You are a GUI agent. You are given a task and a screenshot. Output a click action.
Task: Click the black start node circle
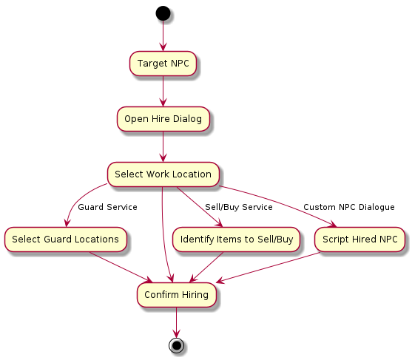[x=163, y=13]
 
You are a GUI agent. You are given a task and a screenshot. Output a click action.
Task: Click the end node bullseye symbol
[x=176, y=345]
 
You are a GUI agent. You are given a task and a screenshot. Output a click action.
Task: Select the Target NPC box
[x=163, y=64]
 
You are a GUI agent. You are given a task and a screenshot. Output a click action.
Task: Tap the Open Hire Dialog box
[x=163, y=119]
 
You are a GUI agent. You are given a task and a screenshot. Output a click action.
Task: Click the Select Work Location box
[x=163, y=174]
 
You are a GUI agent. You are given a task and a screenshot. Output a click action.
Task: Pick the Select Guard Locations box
[x=66, y=240]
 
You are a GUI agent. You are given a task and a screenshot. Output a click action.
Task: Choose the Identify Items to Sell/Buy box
[x=236, y=240]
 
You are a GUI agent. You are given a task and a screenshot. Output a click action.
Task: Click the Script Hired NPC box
[x=359, y=240]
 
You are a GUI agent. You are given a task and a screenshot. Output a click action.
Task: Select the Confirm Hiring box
[x=177, y=295]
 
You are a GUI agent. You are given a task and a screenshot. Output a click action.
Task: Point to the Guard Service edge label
[x=107, y=207]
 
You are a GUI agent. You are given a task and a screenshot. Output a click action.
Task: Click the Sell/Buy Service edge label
[x=239, y=207]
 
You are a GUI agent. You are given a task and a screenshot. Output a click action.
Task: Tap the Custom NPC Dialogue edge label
[x=349, y=207]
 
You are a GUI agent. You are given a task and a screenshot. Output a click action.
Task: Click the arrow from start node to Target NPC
[x=163, y=35]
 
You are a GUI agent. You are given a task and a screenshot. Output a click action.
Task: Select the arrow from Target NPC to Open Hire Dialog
[x=163, y=92]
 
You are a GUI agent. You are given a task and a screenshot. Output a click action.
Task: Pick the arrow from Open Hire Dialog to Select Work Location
[x=163, y=147]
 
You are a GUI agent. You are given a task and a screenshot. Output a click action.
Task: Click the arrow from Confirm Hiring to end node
[x=176, y=323]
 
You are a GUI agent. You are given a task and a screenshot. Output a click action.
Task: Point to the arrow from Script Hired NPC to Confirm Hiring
[x=268, y=268]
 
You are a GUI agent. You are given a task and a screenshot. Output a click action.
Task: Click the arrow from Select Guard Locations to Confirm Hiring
[x=121, y=268]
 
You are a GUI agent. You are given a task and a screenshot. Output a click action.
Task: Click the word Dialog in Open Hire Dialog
[x=187, y=119]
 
